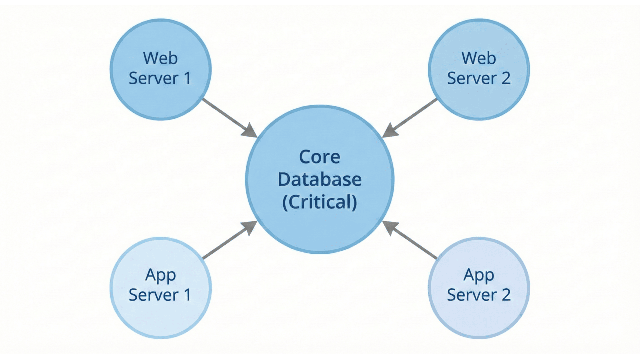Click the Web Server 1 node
tap(160, 69)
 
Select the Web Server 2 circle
tap(479, 69)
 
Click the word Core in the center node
tap(320, 157)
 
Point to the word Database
tap(320, 179)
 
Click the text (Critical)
tap(320, 202)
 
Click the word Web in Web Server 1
tap(160, 58)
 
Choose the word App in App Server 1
tap(160, 275)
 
